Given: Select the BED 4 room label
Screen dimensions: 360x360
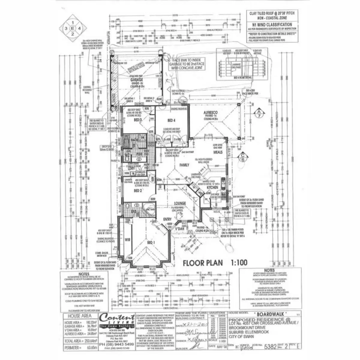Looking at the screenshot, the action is tap(171, 121).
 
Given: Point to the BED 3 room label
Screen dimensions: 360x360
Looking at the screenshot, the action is tap(137, 120).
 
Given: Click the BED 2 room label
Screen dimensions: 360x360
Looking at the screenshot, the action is tap(137, 190).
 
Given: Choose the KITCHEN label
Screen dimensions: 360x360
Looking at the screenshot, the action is tap(212, 187).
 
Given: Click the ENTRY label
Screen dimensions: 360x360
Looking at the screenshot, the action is tap(167, 220).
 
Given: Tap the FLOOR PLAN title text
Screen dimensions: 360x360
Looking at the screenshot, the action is tap(203, 263).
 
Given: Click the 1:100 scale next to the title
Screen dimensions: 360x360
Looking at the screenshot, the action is tap(239, 263).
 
